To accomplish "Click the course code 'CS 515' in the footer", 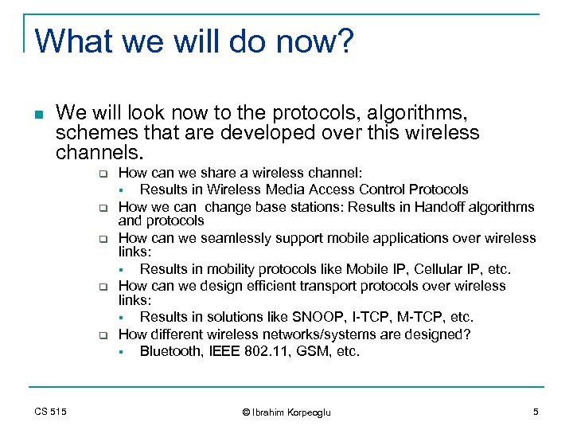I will (x=50, y=411).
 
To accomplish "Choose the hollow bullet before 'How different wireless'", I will (x=103, y=335).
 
